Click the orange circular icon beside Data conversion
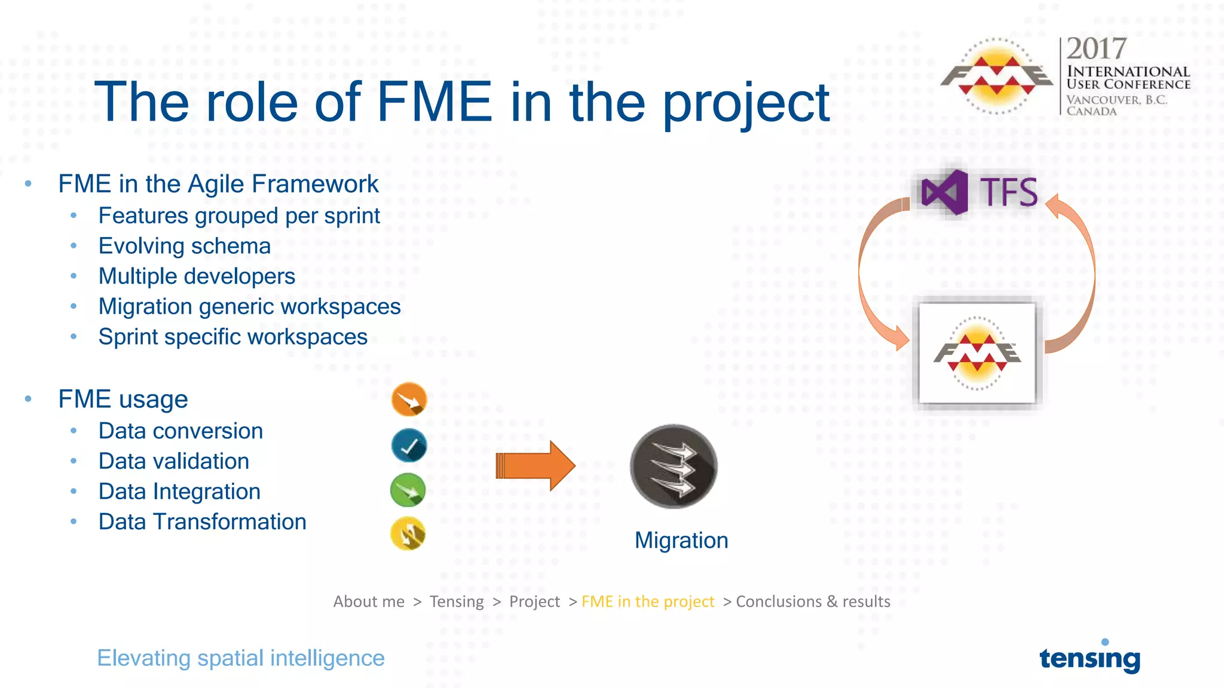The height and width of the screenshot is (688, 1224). coord(409,400)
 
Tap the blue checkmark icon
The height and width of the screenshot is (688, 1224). coord(409,446)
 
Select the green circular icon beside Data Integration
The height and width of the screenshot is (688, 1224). coord(408,490)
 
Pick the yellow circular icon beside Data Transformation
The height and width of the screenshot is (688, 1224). coord(408,533)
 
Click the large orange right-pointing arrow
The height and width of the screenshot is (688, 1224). coord(535,466)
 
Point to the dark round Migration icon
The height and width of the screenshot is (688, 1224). coord(674,466)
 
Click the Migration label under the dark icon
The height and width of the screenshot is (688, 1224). coord(681,540)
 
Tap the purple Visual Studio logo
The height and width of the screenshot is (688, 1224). coord(944,192)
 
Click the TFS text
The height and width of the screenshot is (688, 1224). coord(1009,192)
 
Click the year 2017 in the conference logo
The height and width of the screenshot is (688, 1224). coord(1096,49)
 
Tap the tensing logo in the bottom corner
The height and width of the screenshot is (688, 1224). coord(1090,658)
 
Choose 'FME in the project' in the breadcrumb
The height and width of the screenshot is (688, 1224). coord(648,601)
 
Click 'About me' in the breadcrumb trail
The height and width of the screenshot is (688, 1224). coord(369,601)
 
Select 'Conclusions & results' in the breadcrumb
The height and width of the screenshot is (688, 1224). coord(813,601)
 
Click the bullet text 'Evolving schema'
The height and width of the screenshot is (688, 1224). coord(185,246)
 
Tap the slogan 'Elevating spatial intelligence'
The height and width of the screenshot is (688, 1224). coord(241,658)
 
